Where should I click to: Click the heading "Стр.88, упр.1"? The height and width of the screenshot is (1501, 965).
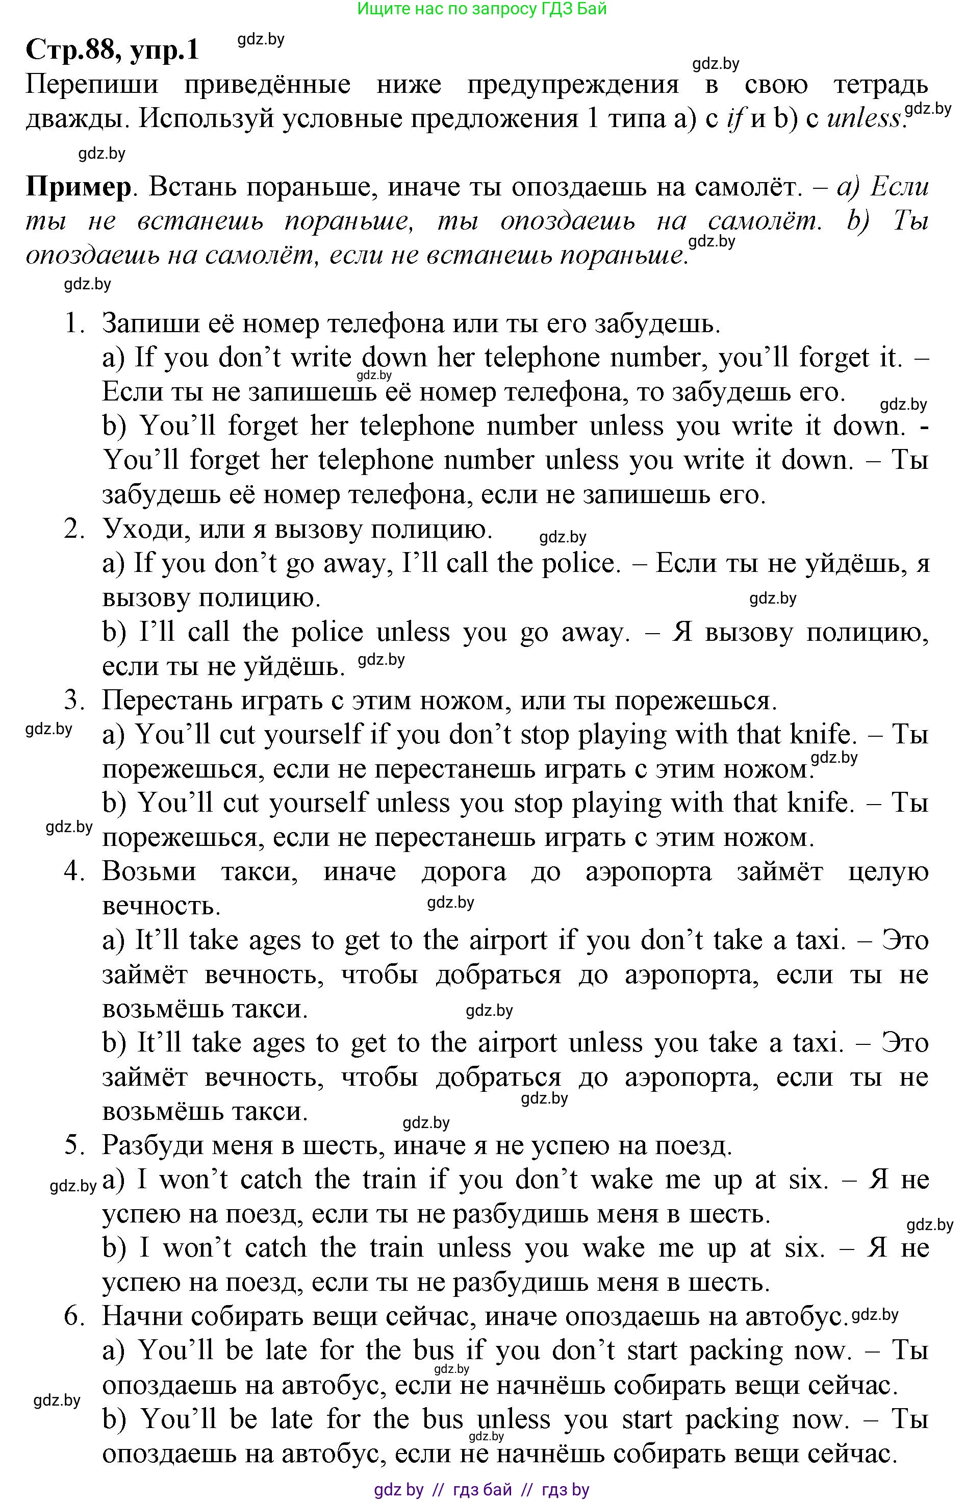click(x=112, y=49)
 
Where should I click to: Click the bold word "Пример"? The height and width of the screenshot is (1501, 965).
click(x=79, y=187)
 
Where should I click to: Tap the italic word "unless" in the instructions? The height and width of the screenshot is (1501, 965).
click(x=864, y=118)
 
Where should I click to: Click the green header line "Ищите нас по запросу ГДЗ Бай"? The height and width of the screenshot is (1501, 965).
click(x=481, y=9)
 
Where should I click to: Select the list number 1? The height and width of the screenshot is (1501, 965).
click(x=74, y=323)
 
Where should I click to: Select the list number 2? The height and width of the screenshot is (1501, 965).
click(x=74, y=529)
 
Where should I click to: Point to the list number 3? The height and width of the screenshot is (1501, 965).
click(x=74, y=700)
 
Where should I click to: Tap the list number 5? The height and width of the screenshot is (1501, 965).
click(x=74, y=1145)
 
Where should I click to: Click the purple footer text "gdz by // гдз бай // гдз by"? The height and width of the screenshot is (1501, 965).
click(x=481, y=1490)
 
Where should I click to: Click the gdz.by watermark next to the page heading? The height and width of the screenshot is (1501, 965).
click(x=261, y=39)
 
